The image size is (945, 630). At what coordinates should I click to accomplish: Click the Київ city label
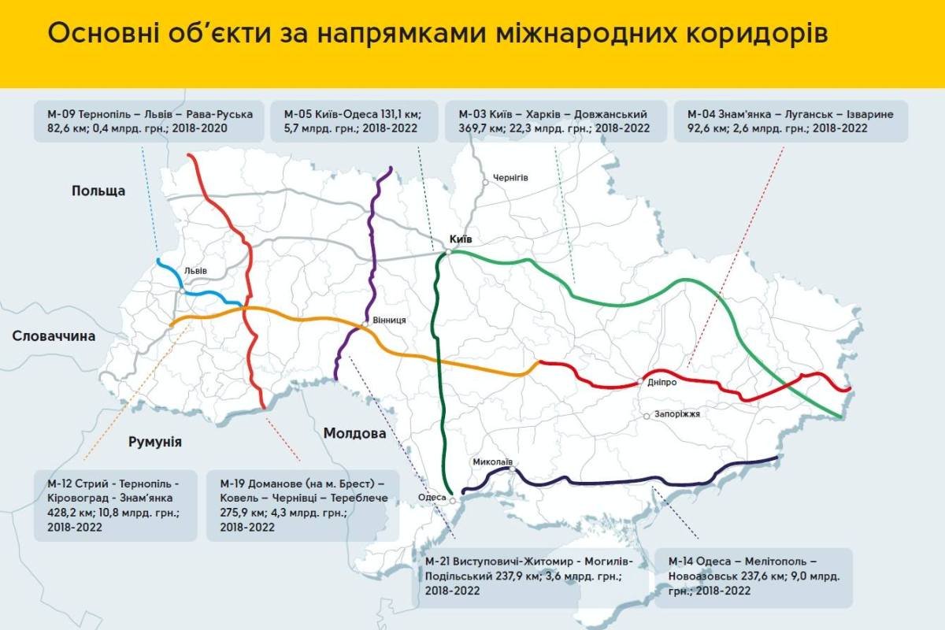tap(462, 239)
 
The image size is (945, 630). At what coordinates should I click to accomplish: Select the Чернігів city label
tap(510, 178)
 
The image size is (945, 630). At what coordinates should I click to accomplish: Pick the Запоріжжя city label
tap(676, 414)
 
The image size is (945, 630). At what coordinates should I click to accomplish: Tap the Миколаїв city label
tap(493, 462)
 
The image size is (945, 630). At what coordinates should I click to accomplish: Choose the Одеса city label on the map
tap(432, 497)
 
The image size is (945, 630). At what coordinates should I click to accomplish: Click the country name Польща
tap(98, 191)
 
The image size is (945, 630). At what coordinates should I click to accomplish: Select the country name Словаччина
tap(54, 336)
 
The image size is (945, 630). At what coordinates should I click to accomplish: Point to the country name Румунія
tap(154, 442)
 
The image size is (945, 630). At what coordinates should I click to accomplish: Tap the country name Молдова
tap(354, 433)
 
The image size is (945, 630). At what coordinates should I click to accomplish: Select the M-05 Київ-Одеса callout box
tap(350, 121)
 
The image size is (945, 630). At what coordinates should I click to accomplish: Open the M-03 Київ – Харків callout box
tap(554, 121)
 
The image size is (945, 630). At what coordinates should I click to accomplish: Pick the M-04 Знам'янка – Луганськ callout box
tap(791, 121)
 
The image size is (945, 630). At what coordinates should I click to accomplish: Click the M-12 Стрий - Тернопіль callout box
tap(115, 504)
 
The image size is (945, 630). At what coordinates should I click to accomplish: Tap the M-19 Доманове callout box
tap(302, 504)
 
